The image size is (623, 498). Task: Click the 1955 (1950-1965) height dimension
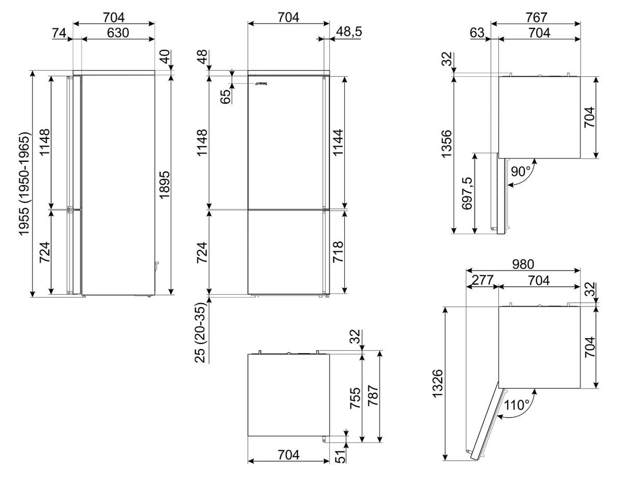[24, 184]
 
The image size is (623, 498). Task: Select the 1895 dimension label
[165, 184]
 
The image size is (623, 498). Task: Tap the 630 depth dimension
[118, 33]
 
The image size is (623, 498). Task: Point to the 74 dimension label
[59, 33]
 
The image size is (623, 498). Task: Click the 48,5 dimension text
[348, 32]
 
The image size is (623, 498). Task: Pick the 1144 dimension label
[338, 142]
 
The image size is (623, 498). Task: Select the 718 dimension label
[338, 252]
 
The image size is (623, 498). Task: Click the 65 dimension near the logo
[225, 96]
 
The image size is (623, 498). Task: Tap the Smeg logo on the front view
[261, 84]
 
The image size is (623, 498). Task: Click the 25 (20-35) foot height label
[200, 333]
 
